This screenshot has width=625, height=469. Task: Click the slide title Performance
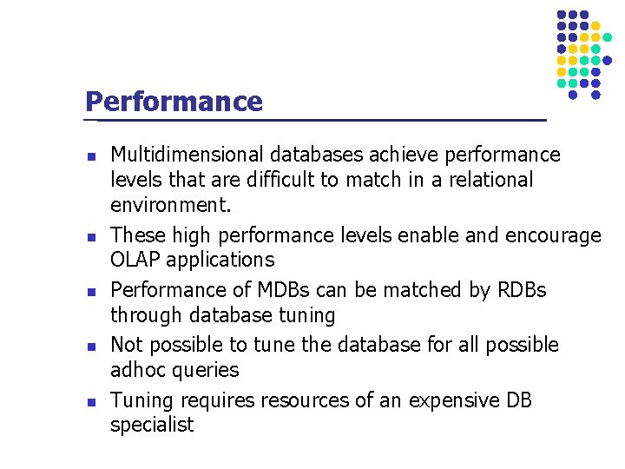(174, 102)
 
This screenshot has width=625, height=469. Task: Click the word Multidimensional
(187, 155)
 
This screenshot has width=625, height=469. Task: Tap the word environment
(171, 206)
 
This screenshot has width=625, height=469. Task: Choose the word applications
(220, 261)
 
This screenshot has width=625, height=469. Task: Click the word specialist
(152, 426)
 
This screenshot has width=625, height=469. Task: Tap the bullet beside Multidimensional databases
(90, 157)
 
